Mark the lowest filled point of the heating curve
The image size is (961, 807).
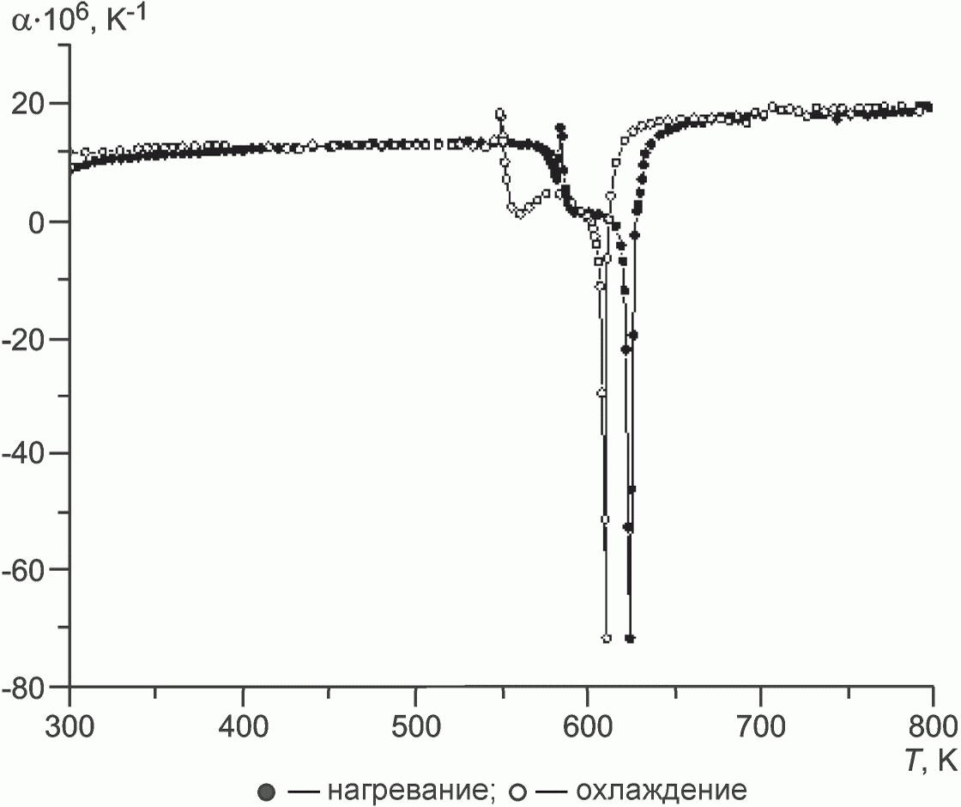630,639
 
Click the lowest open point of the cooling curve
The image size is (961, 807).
607,639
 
